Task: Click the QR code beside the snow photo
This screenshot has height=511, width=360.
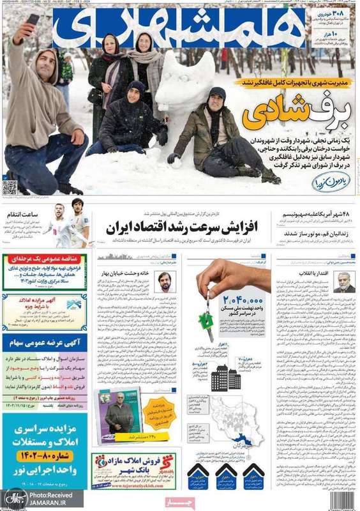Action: [9, 187]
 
